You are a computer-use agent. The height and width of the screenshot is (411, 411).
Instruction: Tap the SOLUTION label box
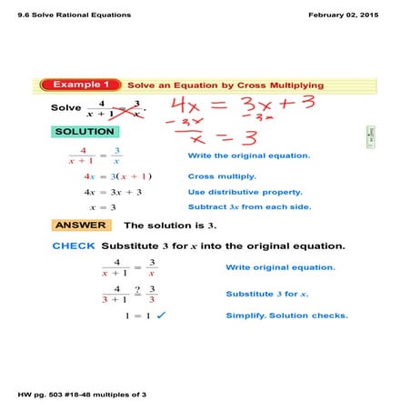[85, 132]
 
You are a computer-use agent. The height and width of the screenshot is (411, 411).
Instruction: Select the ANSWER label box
[82, 226]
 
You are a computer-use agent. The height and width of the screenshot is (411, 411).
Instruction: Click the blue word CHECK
[74, 246]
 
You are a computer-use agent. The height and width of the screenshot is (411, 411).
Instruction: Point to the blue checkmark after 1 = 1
[161, 316]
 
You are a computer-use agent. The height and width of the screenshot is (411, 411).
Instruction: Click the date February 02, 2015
[348, 15]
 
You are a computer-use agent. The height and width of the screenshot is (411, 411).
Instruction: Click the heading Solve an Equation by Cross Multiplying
[225, 85]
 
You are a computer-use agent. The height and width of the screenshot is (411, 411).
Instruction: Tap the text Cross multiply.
[222, 176]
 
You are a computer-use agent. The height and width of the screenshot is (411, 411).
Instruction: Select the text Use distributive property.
[245, 192]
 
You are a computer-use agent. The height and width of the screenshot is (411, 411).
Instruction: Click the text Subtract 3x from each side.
[249, 207]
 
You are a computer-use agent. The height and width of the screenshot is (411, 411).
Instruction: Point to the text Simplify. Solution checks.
[286, 316]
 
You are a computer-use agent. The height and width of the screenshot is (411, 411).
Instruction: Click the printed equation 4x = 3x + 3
[113, 192]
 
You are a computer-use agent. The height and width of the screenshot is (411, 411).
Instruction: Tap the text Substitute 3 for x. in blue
[267, 294]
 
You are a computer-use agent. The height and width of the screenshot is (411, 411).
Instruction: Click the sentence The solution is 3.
[169, 226]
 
